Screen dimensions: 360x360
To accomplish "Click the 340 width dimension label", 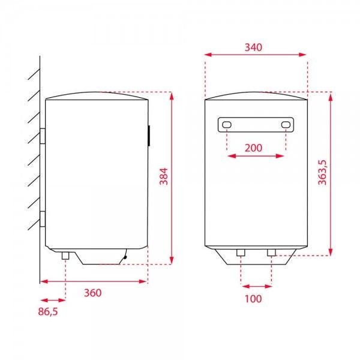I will [x=256, y=47].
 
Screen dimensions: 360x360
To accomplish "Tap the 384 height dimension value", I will [x=163, y=176].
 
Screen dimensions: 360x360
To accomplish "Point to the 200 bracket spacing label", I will [x=256, y=147].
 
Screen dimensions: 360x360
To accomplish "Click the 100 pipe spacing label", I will [x=254, y=299].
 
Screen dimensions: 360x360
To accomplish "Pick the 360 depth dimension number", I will [x=92, y=293].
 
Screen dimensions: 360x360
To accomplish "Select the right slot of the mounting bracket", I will [x=286, y=125].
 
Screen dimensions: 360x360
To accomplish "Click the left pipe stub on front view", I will [x=240, y=253].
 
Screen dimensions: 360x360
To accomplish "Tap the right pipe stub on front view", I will [x=271, y=253].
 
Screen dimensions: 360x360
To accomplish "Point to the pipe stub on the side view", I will [x=65, y=256].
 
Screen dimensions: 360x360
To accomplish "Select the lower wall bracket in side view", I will [x=43, y=219].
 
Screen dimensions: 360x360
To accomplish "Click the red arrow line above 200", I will [x=256, y=156].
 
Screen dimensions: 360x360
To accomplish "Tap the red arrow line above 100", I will [x=256, y=286].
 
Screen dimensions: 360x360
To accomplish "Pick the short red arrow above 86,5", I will [x=53, y=300].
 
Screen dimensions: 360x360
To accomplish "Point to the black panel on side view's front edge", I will [x=148, y=136].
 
